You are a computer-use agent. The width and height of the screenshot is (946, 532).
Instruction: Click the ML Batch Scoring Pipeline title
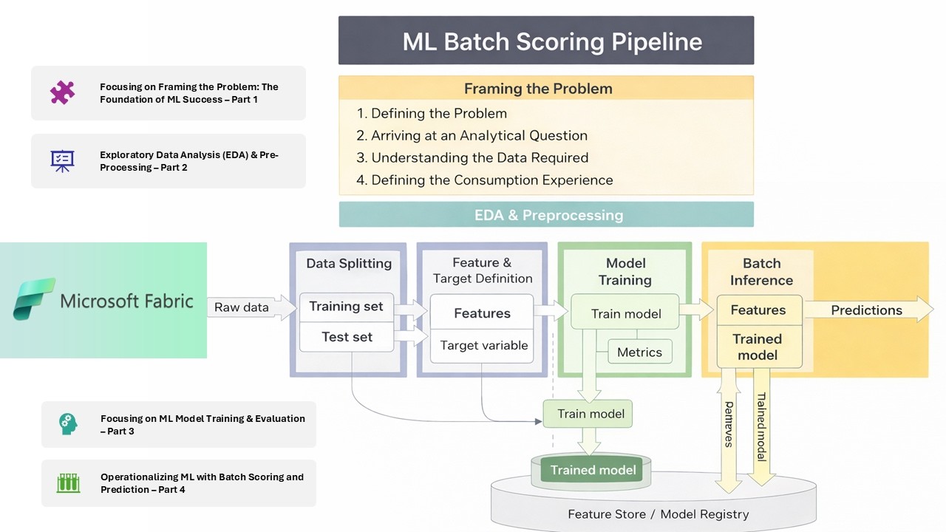coord(546,41)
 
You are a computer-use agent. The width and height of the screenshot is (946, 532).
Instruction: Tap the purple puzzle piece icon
coord(63,93)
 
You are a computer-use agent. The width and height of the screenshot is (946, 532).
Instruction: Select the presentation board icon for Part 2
coord(63,161)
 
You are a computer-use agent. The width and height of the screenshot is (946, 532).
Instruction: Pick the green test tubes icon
coord(68,483)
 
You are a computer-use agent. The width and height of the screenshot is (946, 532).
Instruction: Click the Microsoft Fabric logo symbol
coord(34,299)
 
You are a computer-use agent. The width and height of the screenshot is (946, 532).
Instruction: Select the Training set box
coord(346,307)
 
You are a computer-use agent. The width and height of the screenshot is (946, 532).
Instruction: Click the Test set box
coord(346,337)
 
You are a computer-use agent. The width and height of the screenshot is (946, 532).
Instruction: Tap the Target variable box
coord(483,345)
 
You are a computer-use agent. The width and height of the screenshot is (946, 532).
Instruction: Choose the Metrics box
coord(639,352)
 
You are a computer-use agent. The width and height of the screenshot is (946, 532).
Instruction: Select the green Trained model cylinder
coord(593,471)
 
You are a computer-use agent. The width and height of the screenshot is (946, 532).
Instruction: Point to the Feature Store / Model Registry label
coord(658,514)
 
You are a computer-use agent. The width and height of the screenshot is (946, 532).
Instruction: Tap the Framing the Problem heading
coord(538,89)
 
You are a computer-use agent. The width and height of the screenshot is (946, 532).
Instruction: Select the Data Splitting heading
coord(349,263)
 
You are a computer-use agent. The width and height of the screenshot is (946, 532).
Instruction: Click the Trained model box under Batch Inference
coord(758,347)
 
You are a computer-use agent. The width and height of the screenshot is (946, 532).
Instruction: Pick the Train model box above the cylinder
coord(590,414)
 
